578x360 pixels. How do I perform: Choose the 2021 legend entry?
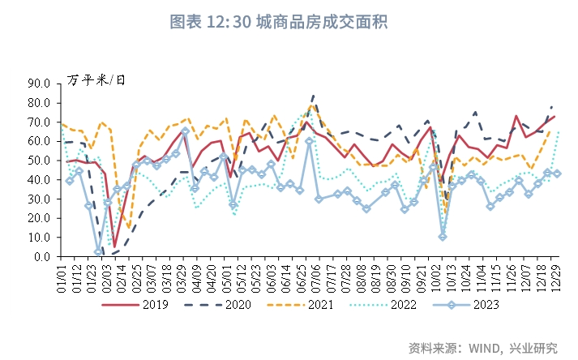316,305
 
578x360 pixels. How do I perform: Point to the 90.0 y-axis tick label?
40,83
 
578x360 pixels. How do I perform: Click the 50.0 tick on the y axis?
40,160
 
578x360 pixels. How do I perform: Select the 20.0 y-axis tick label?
40,218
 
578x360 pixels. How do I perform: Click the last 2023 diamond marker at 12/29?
557,174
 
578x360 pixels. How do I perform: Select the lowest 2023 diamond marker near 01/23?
98,252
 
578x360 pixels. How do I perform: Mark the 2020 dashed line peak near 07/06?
314,96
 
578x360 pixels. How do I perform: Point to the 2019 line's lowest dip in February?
115,246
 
